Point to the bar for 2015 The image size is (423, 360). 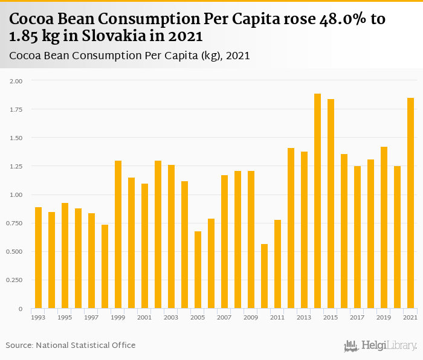click(331, 204)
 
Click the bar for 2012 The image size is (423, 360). click(291, 228)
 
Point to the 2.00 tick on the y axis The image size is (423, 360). click(16, 80)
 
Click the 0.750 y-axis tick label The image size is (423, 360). click(15, 223)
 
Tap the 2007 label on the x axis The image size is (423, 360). click(224, 317)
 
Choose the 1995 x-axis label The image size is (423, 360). click(65, 317)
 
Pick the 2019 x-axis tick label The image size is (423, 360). click(384, 317)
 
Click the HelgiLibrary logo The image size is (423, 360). click(380, 346)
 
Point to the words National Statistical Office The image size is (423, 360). click(86, 346)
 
